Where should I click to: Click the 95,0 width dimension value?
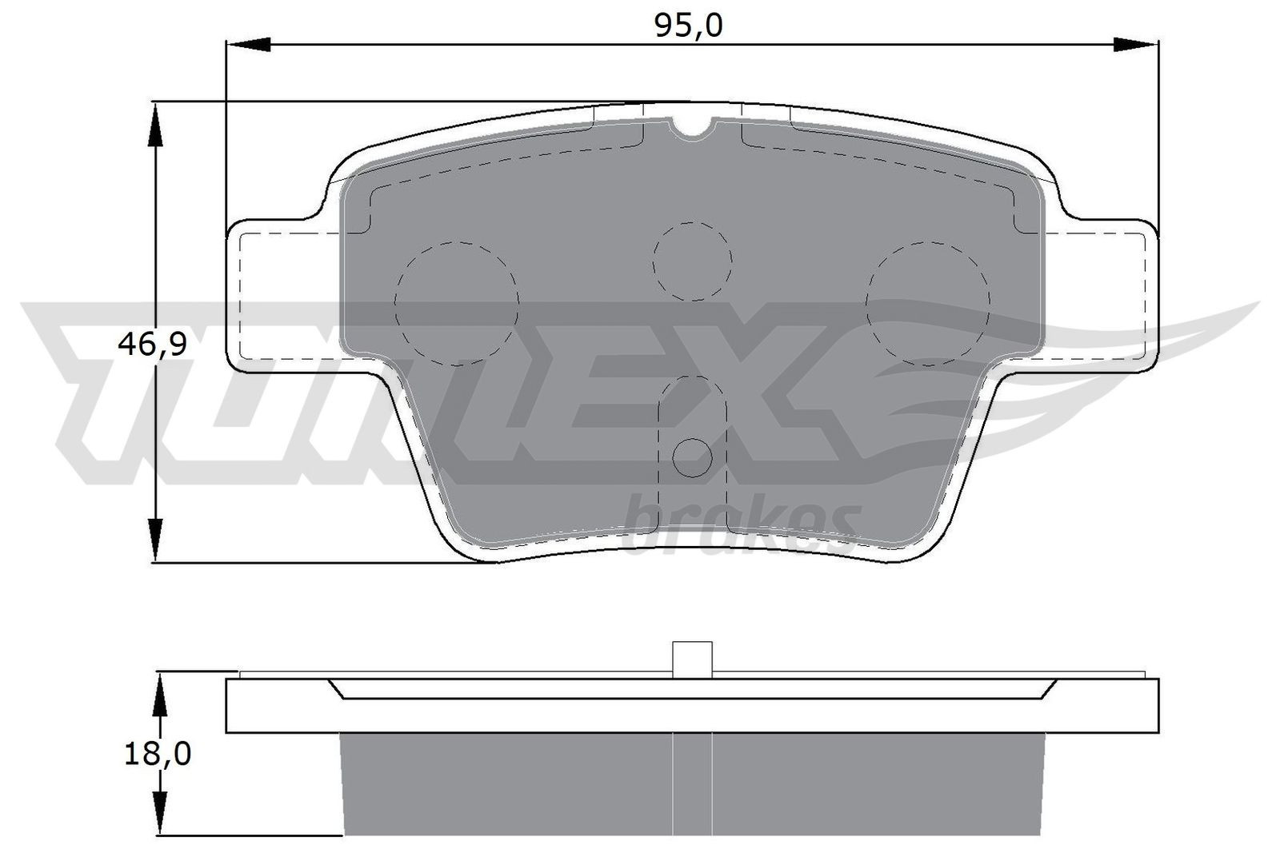pos(688,26)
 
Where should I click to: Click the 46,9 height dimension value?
pos(152,345)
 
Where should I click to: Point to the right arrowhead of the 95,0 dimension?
pos(1134,45)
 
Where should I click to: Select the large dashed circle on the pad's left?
pos(457,303)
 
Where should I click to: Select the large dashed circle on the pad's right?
pos(928,303)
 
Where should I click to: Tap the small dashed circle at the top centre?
pos(692,261)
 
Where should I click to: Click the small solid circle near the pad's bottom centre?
pos(692,456)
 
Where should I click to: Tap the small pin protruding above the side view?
pos(692,660)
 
